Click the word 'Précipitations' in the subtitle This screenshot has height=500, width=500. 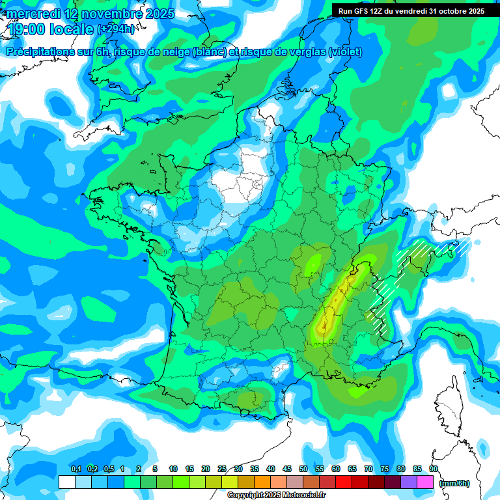click(x=40, y=52)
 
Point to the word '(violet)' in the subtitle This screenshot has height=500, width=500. click(x=345, y=52)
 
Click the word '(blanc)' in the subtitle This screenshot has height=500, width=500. click(x=208, y=52)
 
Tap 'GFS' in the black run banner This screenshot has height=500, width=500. click(x=363, y=11)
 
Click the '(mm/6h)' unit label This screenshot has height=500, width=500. click(x=454, y=483)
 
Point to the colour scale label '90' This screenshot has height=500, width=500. click(x=433, y=469)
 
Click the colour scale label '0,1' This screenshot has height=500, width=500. click(x=76, y=469)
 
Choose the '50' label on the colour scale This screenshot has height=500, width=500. click(x=303, y=469)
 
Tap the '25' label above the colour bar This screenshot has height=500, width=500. click(x=222, y=469)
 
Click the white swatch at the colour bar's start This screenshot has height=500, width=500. click(x=66, y=482)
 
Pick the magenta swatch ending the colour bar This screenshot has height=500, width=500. click(x=426, y=482)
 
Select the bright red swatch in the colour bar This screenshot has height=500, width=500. click(x=344, y=482)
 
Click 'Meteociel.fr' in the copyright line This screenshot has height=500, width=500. click(x=303, y=495)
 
